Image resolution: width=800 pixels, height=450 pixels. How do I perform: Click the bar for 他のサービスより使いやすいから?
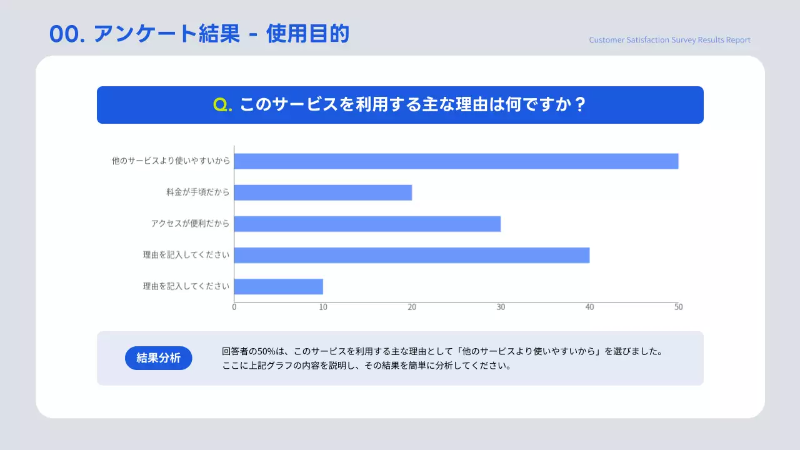456,161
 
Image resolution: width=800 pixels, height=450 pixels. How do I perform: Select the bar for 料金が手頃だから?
323,192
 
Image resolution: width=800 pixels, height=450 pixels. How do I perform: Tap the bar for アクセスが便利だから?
367,224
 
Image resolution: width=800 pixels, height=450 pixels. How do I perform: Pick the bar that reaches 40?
412,255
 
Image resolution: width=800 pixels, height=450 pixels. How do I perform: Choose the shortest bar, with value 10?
279,286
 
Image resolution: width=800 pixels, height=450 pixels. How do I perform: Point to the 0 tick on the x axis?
234,307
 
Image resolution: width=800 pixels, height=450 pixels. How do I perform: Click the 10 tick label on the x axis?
323,307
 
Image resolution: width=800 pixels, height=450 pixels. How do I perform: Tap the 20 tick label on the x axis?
412,307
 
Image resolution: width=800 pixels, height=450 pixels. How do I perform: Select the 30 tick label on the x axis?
501,307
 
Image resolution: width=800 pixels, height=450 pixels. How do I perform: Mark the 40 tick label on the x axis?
589,307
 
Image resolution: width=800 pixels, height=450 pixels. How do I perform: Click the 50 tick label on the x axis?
678,307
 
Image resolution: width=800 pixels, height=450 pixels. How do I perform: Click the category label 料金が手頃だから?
197,192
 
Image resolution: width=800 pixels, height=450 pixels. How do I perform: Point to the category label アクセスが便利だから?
190,224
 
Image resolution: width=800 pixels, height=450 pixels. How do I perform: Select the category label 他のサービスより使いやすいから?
171,161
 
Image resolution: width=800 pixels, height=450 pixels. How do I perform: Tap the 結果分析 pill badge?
159,358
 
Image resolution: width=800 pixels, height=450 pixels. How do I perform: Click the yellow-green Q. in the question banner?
222,105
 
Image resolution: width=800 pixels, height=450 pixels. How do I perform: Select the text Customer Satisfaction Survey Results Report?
669,40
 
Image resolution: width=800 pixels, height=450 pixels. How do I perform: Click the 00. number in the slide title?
67,35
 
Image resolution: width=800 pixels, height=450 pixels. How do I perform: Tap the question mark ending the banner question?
579,105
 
